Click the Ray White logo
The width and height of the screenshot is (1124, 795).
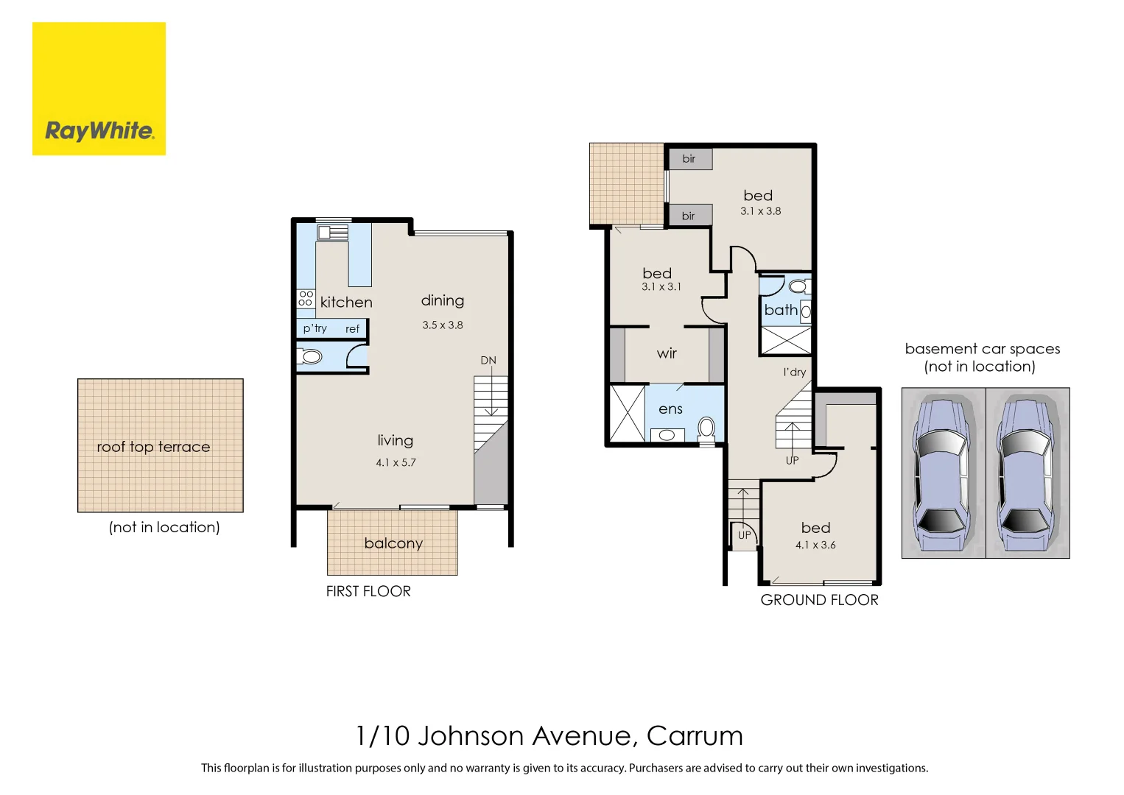(99, 89)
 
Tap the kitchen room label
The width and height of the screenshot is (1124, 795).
(346, 303)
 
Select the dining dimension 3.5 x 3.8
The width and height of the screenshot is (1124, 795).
(443, 325)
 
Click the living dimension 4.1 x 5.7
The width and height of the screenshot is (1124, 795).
(396, 462)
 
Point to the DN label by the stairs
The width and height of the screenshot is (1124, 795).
(488, 361)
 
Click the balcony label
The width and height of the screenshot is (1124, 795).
(393, 543)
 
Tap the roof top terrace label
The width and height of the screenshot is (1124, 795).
(153, 447)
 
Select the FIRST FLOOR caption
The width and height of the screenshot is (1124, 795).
(368, 591)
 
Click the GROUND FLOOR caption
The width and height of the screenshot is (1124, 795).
(819, 600)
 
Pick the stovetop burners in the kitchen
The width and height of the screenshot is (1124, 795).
(306, 298)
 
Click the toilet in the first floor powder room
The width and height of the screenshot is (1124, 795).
(310, 357)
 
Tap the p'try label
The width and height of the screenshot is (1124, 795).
(315, 328)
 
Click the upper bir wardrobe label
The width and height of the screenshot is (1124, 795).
(689, 158)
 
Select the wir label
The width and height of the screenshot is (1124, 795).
(667, 353)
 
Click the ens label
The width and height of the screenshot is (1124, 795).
(670, 409)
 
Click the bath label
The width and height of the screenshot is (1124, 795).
(781, 310)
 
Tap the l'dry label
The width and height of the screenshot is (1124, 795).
(794, 372)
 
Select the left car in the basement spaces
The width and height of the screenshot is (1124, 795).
(943, 473)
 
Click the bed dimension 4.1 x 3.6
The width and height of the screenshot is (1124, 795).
(815, 545)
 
